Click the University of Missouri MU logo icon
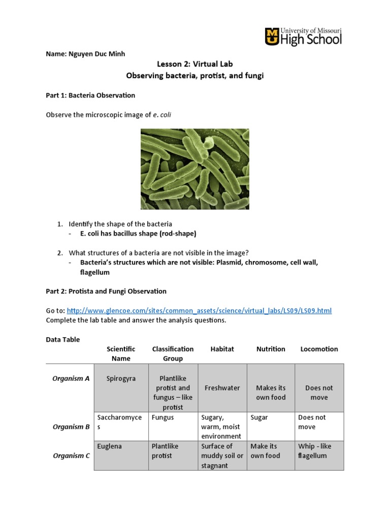(272, 37)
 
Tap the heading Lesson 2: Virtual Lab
(195, 64)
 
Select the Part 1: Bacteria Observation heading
(90, 95)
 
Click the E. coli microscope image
(195, 168)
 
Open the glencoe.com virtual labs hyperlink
(199, 310)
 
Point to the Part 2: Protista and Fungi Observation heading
(106, 291)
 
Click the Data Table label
(63, 339)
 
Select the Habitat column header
(222, 349)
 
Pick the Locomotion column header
(319, 349)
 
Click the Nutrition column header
(271, 349)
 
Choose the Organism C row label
(71, 456)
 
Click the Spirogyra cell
(121, 379)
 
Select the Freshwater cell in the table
(222, 388)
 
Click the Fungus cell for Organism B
(162, 417)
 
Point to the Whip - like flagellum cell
(314, 451)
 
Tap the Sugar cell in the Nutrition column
(259, 417)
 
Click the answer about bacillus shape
(138, 234)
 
